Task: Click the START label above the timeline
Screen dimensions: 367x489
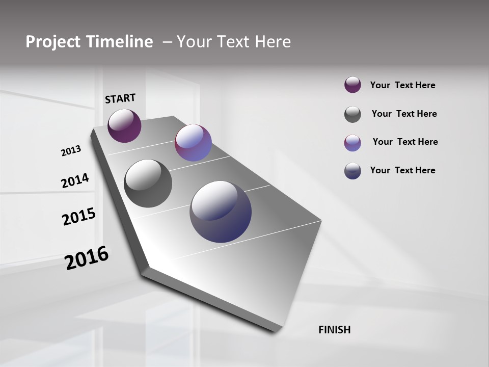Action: [x=120, y=98]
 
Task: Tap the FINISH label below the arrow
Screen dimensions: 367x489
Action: [x=334, y=330]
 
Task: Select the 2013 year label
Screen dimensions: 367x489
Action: [x=71, y=151]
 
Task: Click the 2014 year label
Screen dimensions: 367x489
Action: [x=75, y=181]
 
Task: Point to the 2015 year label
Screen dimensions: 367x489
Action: [x=79, y=217]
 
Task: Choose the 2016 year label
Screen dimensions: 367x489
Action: [x=87, y=258]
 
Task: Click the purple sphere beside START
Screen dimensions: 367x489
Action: [x=124, y=126]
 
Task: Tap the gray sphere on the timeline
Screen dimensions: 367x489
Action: [x=148, y=183]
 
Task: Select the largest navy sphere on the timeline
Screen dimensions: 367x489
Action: [x=221, y=212]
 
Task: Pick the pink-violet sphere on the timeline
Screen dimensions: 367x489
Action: [x=193, y=143]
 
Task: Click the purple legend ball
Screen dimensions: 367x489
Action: [x=352, y=85]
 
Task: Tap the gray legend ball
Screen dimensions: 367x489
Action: [x=352, y=114]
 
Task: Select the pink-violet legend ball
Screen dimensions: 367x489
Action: [x=352, y=143]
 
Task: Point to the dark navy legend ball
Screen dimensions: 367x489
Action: [x=352, y=171]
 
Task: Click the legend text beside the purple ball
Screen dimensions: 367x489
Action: [x=402, y=85]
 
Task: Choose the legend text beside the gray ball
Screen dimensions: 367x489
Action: [x=404, y=114]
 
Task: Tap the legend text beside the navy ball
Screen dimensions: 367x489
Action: [x=402, y=170]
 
